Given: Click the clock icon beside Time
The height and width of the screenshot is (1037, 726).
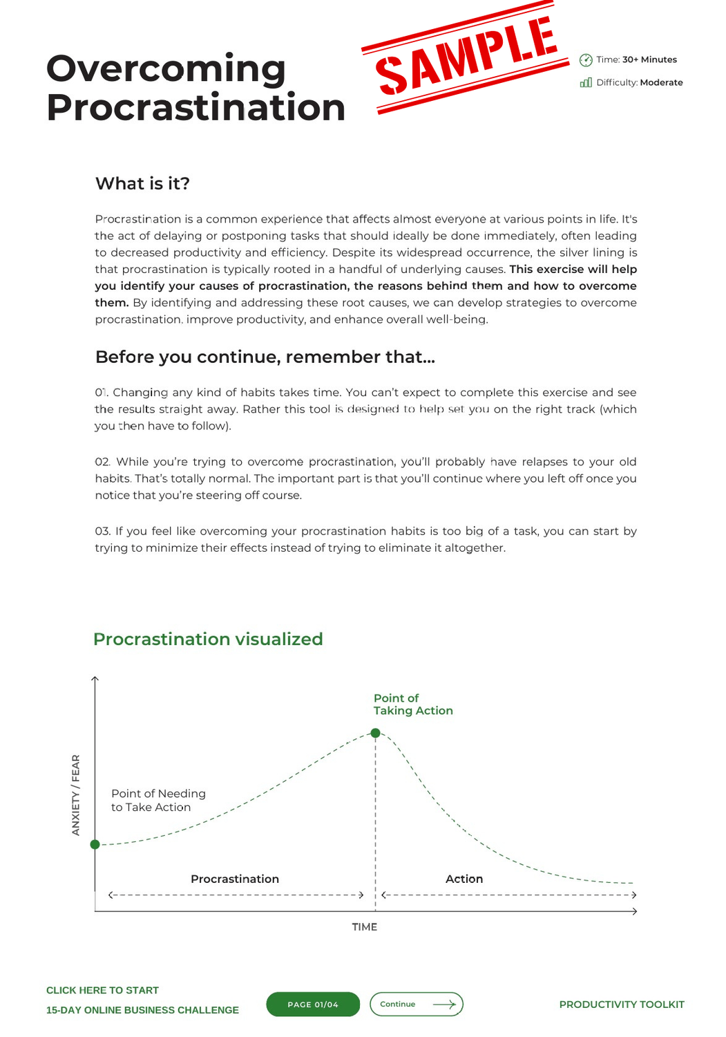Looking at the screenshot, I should pyautogui.click(x=586, y=60).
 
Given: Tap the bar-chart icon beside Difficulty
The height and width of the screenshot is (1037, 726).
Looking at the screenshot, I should pyautogui.click(x=586, y=83).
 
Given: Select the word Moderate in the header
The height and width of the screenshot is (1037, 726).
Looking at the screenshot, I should pyautogui.click(x=661, y=83).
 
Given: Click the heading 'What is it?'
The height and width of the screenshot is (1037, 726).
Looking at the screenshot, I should pyautogui.click(x=142, y=183).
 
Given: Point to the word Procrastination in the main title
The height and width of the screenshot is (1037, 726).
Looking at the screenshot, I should pyautogui.click(x=195, y=108).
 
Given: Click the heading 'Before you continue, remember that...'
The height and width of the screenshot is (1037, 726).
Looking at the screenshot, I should pyautogui.click(x=265, y=357).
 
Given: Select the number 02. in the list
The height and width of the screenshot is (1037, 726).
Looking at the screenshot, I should pyautogui.click(x=103, y=462).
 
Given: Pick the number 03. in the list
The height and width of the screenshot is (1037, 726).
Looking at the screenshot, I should pyautogui.click(x=103, y=532).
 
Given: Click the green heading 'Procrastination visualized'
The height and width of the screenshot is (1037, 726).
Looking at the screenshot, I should pyautogui.click(x=208, y=639).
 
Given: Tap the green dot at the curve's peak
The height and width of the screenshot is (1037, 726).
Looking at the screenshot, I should pyautogui.click(x=375, y=733).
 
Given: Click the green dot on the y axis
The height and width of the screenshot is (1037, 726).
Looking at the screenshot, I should pyautogui.click(x=95, y=844).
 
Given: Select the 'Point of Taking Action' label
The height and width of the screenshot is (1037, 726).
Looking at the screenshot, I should pyautogui.click(x=412, y=704).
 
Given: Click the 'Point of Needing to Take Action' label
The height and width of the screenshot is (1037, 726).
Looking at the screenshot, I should pyautogui.click(x=158, y=801).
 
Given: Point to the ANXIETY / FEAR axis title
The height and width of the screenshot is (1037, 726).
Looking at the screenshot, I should pyautogui.click(x=76, y=795).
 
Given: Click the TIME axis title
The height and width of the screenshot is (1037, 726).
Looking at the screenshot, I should pyautogui.click(x=364, y=927).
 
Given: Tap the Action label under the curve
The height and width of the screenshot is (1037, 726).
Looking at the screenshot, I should pyautogui.click(x=464, y=879).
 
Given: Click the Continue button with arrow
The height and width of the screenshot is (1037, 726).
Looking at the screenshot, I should pyautogui.click(x=417, y=1005).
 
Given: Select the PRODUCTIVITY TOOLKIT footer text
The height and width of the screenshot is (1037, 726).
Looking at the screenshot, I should pyautogui.click(x=622, y=1005).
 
